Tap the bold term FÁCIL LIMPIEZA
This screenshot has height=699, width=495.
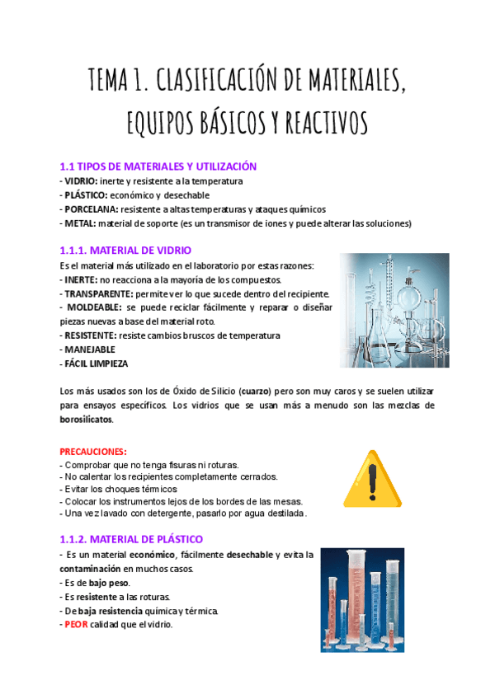pyautogui.click(x=97, y=364)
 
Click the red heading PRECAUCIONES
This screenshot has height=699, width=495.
pyautogui.click(x=93, y=452)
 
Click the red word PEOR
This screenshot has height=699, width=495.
pyautogui.click(x=76, y=624)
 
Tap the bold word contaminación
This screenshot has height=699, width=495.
pyautogui.click(x=92, y=569)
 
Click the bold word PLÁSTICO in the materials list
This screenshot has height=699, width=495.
pyautogui.click(x=86, y=195)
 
